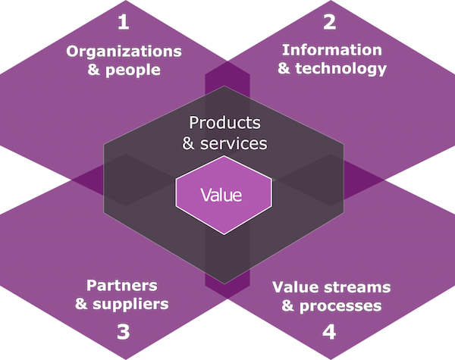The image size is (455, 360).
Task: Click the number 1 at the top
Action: pyautogui.click(x=124, y=21)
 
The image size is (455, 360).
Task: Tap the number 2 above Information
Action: pyautogui.click(x=329, y=21)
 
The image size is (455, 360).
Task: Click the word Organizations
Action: pyautogui.click(x=124, y=52)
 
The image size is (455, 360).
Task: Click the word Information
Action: pyautogui.click(x=331, y=50)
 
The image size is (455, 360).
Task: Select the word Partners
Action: pyautogui.click(x=122, y=286)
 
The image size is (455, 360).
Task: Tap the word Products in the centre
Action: pyautogui.click(x=224, y=122)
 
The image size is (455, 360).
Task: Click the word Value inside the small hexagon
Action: pyautogui.click(x=221, y=195)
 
